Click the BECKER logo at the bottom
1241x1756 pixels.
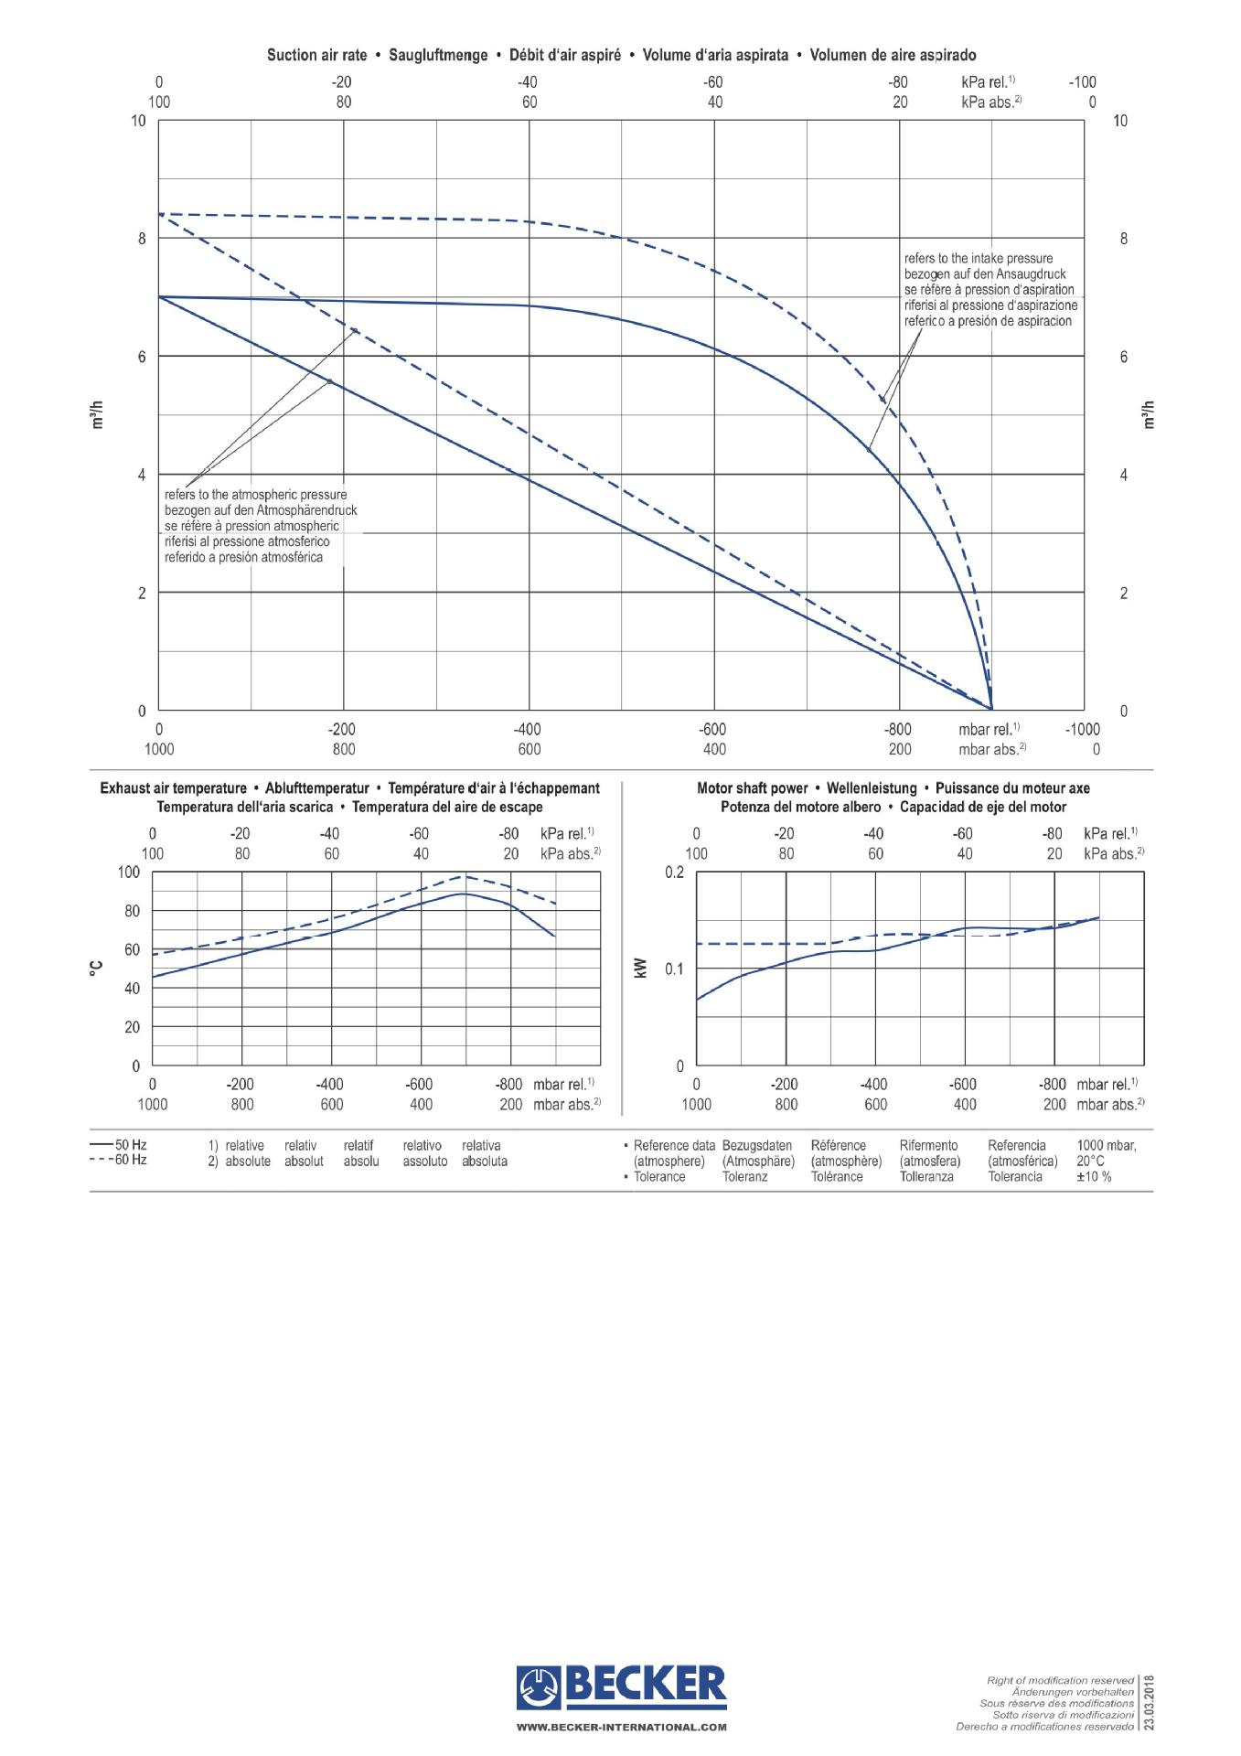click(x=621, y=1686)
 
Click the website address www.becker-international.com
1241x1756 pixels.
click(x=621, y=1728)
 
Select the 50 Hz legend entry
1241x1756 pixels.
click(x=119, y=1144)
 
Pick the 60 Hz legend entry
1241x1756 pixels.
click(x=119, y=1160)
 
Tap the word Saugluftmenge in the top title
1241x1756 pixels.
click(x=438, y=55)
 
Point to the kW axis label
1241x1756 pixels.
click(x=640, y=968)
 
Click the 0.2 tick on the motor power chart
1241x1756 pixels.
click(x=674, y=873)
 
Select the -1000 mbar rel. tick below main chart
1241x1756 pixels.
click(x=1083, y=729)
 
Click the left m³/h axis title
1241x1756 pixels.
click(x=98, y=415)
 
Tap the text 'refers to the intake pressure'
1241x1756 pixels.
click(x=978, y=259)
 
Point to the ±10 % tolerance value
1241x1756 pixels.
click(x=1094, y=1177)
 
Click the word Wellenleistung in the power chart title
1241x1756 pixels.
click(x=872, y=788)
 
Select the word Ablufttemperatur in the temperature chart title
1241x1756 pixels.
click(x=316, y=788)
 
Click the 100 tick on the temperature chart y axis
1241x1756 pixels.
click(x=128, y=873)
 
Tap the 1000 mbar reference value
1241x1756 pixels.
click(x=1107, y=1145)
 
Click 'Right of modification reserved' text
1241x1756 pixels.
click(x=1060, y=1680)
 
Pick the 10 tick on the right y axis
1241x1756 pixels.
click(x=1120, y=121)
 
